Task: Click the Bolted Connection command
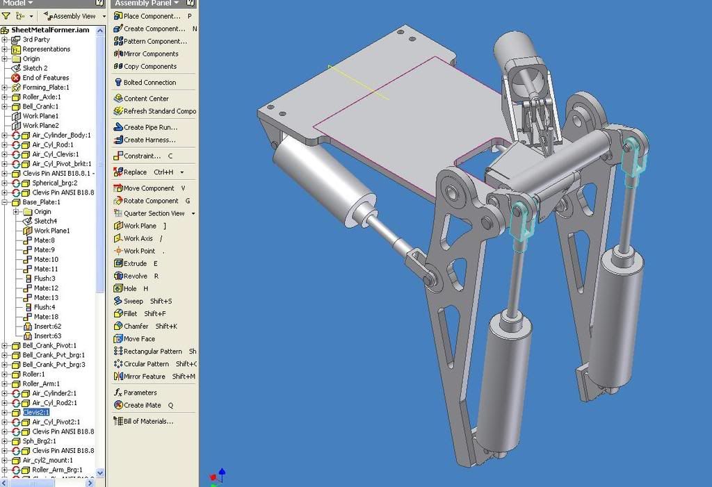pyautogui.click(x=149, y=83)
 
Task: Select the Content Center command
pyautogui.click(x=146, y=99)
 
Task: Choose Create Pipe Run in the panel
pyautogui.click(x=150, y=128)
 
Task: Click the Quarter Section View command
pyautogui.click(x=154, y=214)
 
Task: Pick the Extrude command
pyautogui.click(x=135, y=264)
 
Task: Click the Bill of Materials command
pyautogui.click(x=148, y=421)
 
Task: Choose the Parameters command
pyautogui.click(x=140, y=393)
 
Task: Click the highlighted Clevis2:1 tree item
pyautogui.click(x=36, y=412)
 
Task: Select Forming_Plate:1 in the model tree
pyautogui.click(x=46, y=88)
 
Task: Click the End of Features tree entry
pyautogui.click(x=45, y=78)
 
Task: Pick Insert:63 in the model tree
pyautogui.click(x=47, y=336)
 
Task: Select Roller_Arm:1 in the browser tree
pyautogui.click(x=41, y=383)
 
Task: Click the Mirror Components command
pyautogui.click(x=151, y=54)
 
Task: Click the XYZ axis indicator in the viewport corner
pyautogui.click(x=217, y=477)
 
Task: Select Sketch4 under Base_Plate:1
pyautogui.click(x=45, y=221)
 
